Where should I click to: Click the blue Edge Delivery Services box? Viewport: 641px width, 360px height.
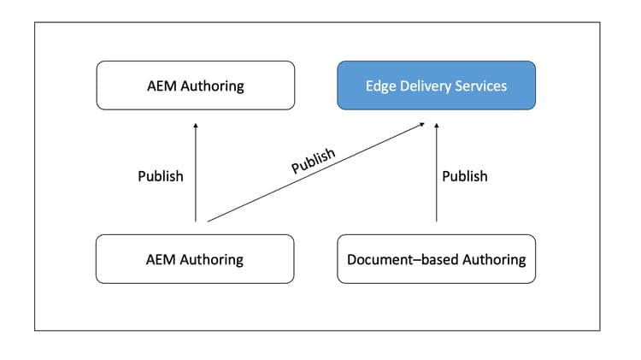(436, 85)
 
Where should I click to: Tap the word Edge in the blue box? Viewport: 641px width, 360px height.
(380, 86)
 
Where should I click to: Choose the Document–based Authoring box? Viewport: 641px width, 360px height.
(436, 258)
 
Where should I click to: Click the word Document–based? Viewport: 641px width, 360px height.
(397, 258)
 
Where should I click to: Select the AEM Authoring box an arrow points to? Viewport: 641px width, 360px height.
(195, 85)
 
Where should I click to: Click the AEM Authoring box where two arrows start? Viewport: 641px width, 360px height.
(195, 258)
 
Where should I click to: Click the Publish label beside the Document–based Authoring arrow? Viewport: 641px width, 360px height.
(465, 176)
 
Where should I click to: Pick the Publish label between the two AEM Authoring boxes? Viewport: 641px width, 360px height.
(161, 176)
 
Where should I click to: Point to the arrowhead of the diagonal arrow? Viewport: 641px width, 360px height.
(422, 125)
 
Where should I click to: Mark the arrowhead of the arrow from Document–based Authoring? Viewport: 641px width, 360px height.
(437, 125)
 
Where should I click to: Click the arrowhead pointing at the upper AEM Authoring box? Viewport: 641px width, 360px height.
(196, 125)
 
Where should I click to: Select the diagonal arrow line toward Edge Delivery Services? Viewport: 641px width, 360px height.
(316, 172)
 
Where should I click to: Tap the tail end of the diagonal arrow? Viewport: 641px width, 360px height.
(209, 221)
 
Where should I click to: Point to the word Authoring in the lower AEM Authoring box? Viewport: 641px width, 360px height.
(211, 258)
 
